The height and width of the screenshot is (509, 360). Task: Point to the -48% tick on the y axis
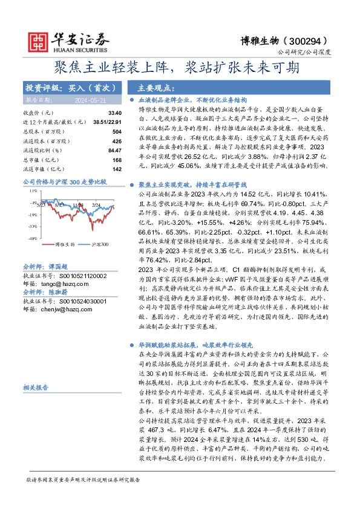32,238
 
